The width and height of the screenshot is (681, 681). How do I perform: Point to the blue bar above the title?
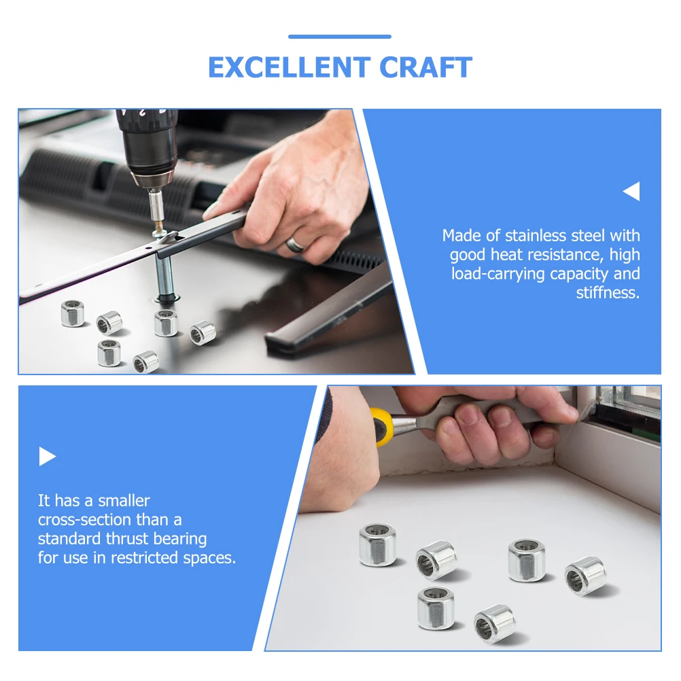340,37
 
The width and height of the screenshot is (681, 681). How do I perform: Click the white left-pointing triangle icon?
631,192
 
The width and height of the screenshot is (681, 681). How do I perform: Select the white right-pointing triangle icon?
47,456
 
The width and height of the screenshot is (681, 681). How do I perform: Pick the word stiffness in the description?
608,293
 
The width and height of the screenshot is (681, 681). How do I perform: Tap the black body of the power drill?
146,143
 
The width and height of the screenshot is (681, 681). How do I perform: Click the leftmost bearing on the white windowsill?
377,545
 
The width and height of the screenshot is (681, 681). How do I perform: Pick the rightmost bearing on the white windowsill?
585,575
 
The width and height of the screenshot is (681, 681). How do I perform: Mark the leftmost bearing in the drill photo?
73,313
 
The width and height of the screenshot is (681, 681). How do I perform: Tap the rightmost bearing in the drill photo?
203,332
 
